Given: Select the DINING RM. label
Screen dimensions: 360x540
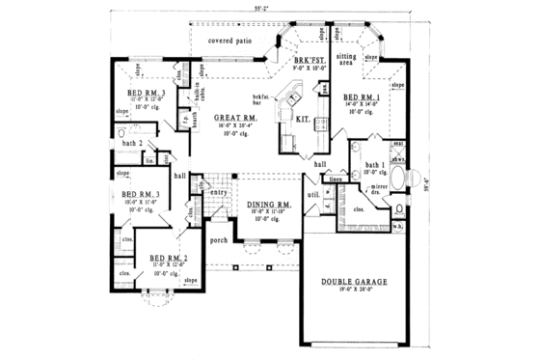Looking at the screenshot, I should coord(271,206).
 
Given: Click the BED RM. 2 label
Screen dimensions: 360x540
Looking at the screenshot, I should coord(167,259).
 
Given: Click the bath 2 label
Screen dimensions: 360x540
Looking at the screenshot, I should coord(133,144).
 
